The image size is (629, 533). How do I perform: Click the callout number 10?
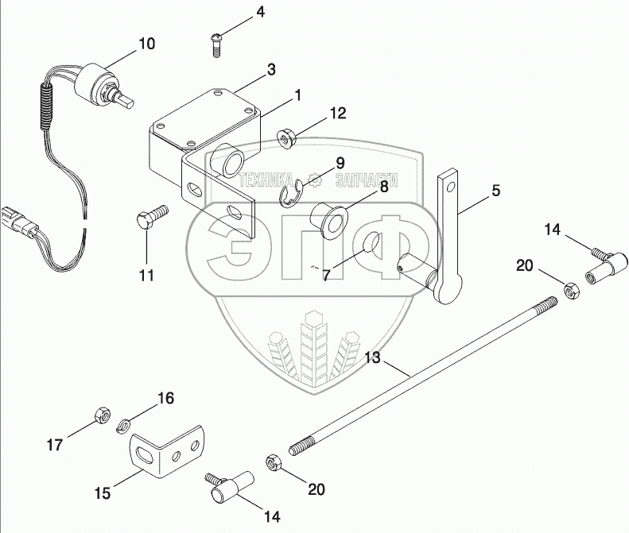pos(147,44)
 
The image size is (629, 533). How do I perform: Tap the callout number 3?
pos(271,70)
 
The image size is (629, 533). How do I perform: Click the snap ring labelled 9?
pos(293,186)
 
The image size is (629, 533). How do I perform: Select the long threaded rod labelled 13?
pos(421,376)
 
